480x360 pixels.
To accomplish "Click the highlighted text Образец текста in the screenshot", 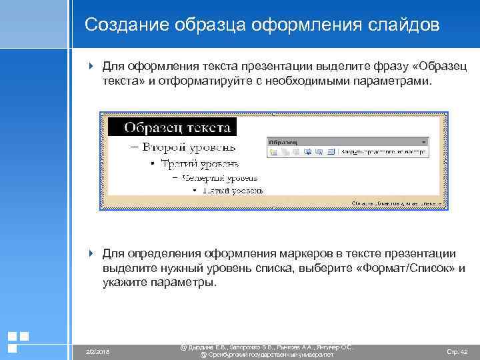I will tap(177, 127).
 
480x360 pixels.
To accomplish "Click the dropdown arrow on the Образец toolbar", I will tap(423, 142).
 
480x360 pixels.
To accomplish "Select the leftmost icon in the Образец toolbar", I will tap(273, 152).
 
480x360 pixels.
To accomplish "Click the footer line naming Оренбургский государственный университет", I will tap(266, 355).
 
